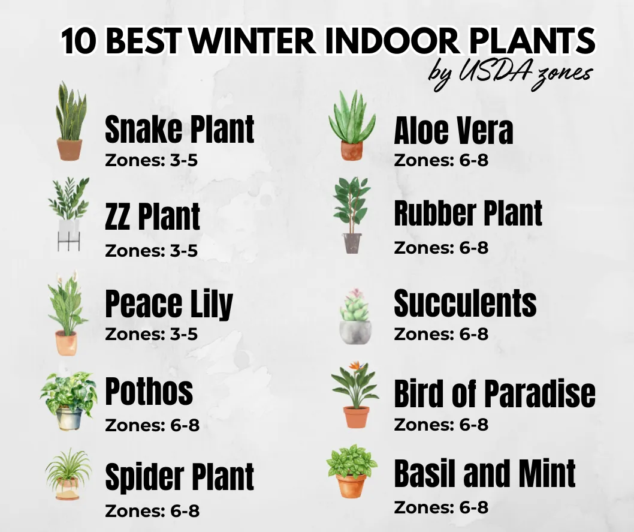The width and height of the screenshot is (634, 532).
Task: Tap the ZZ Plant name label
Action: tap(152, 217)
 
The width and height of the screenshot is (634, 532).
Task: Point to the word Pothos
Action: tap(149, 391)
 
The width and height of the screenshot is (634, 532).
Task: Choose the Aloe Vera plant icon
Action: tap(352, 126)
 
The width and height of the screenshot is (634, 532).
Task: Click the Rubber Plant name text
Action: tap(468, 214)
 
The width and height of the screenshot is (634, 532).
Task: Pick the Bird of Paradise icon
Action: tap(355, 396)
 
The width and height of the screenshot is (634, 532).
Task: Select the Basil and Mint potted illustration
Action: tap(352, 471)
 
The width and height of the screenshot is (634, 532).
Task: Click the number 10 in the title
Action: tap(82, 42)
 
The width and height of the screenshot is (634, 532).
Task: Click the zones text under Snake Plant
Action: tap(151, 161)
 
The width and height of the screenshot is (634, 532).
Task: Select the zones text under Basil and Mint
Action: tap(441, 507)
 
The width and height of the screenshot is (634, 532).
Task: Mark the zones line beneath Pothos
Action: tap(152, 425)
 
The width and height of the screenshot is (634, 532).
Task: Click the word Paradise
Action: tap(539, 394)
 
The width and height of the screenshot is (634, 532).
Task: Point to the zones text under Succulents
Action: tap(441, 334)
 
